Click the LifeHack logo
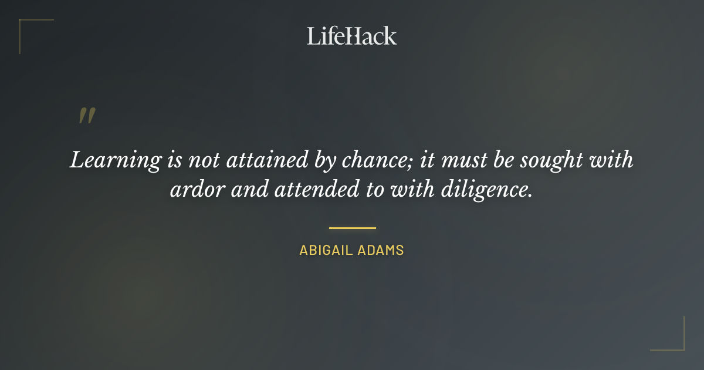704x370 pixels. (x=352, y=36)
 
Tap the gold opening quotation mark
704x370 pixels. (x=86, y=116)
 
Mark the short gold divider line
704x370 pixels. (x=352, y=228)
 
